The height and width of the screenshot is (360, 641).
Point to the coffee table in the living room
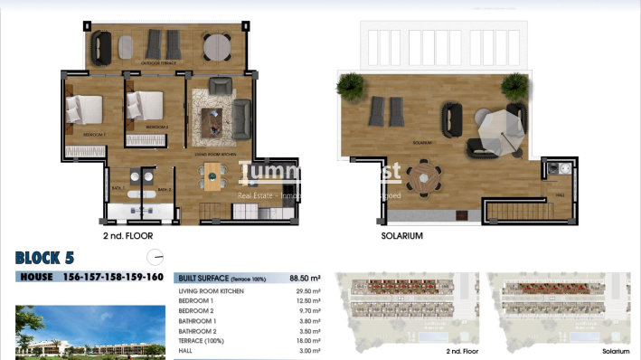click(x=213, y=118)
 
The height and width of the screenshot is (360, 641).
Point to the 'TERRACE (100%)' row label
click(x=204, y=340)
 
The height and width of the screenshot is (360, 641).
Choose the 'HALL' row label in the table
click(x=186, y=350)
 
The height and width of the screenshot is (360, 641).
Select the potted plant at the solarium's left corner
click(x=349, y=86)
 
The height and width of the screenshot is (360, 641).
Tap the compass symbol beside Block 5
click(x=156, y=256)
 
